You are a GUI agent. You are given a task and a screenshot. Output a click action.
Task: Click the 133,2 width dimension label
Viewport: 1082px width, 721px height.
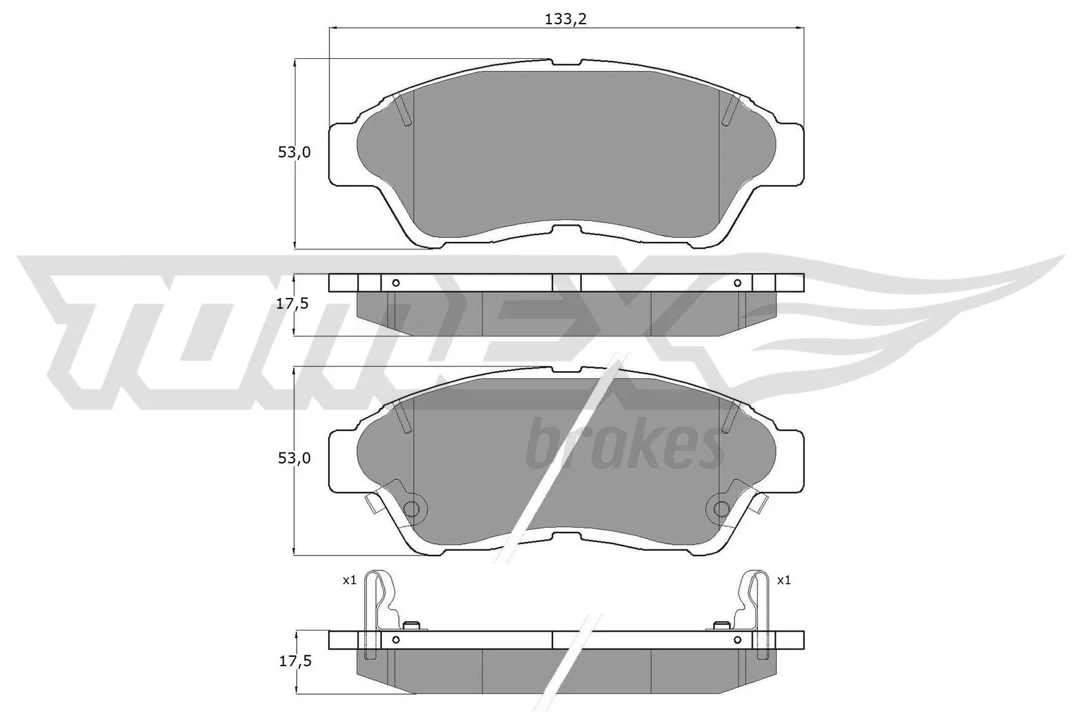pyautogui.click(x=565, y=19)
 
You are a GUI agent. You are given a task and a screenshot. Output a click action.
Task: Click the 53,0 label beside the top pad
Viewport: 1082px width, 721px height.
pyautogui.click(x=294, y=153)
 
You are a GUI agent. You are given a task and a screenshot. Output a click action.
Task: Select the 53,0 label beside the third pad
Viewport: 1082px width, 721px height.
pyautogui.click(x=294, y=458)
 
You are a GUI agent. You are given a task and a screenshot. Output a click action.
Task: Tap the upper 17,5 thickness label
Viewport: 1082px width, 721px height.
pyautogui.click(x=294, y=303)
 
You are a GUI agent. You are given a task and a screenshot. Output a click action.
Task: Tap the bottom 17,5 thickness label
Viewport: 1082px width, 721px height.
pyautogui.click(x=294, y=662)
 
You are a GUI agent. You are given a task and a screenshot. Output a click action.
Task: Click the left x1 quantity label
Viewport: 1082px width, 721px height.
pyautogui.click(x=349, y=580)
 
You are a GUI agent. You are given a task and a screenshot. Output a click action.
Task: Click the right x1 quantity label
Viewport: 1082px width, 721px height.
pyautogui.click(x=784, y=580)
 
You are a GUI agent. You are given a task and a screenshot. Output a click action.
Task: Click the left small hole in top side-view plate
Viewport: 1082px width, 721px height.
pyautogui.click(x=396, y=282)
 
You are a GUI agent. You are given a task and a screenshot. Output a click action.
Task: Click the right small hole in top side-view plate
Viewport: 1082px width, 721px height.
pyautogui.click(x=737, y=282)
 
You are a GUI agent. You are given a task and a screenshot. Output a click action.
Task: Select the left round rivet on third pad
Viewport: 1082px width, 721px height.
pyautogui.click(x=411, y=509)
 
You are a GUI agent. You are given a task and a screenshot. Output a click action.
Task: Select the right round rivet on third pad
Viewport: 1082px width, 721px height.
pyautogui.click(x=722, y=509)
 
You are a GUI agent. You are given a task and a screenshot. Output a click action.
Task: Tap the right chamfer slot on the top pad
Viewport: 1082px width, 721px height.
pyautogui.click(x=730, y=110)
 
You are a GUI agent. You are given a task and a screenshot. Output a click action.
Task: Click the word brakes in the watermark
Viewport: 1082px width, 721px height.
pyautogui.click(x=623, y=447)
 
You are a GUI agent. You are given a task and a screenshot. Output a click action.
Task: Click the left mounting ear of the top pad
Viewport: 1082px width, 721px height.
pyautogui.click(x=342, y=154)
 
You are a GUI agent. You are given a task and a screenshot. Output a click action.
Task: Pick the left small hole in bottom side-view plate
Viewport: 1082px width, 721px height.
pyautogui.click(x=396, y=639)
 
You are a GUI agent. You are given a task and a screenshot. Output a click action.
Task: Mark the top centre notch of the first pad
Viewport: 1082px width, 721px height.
pyautogui.click(x=567, y=62)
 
